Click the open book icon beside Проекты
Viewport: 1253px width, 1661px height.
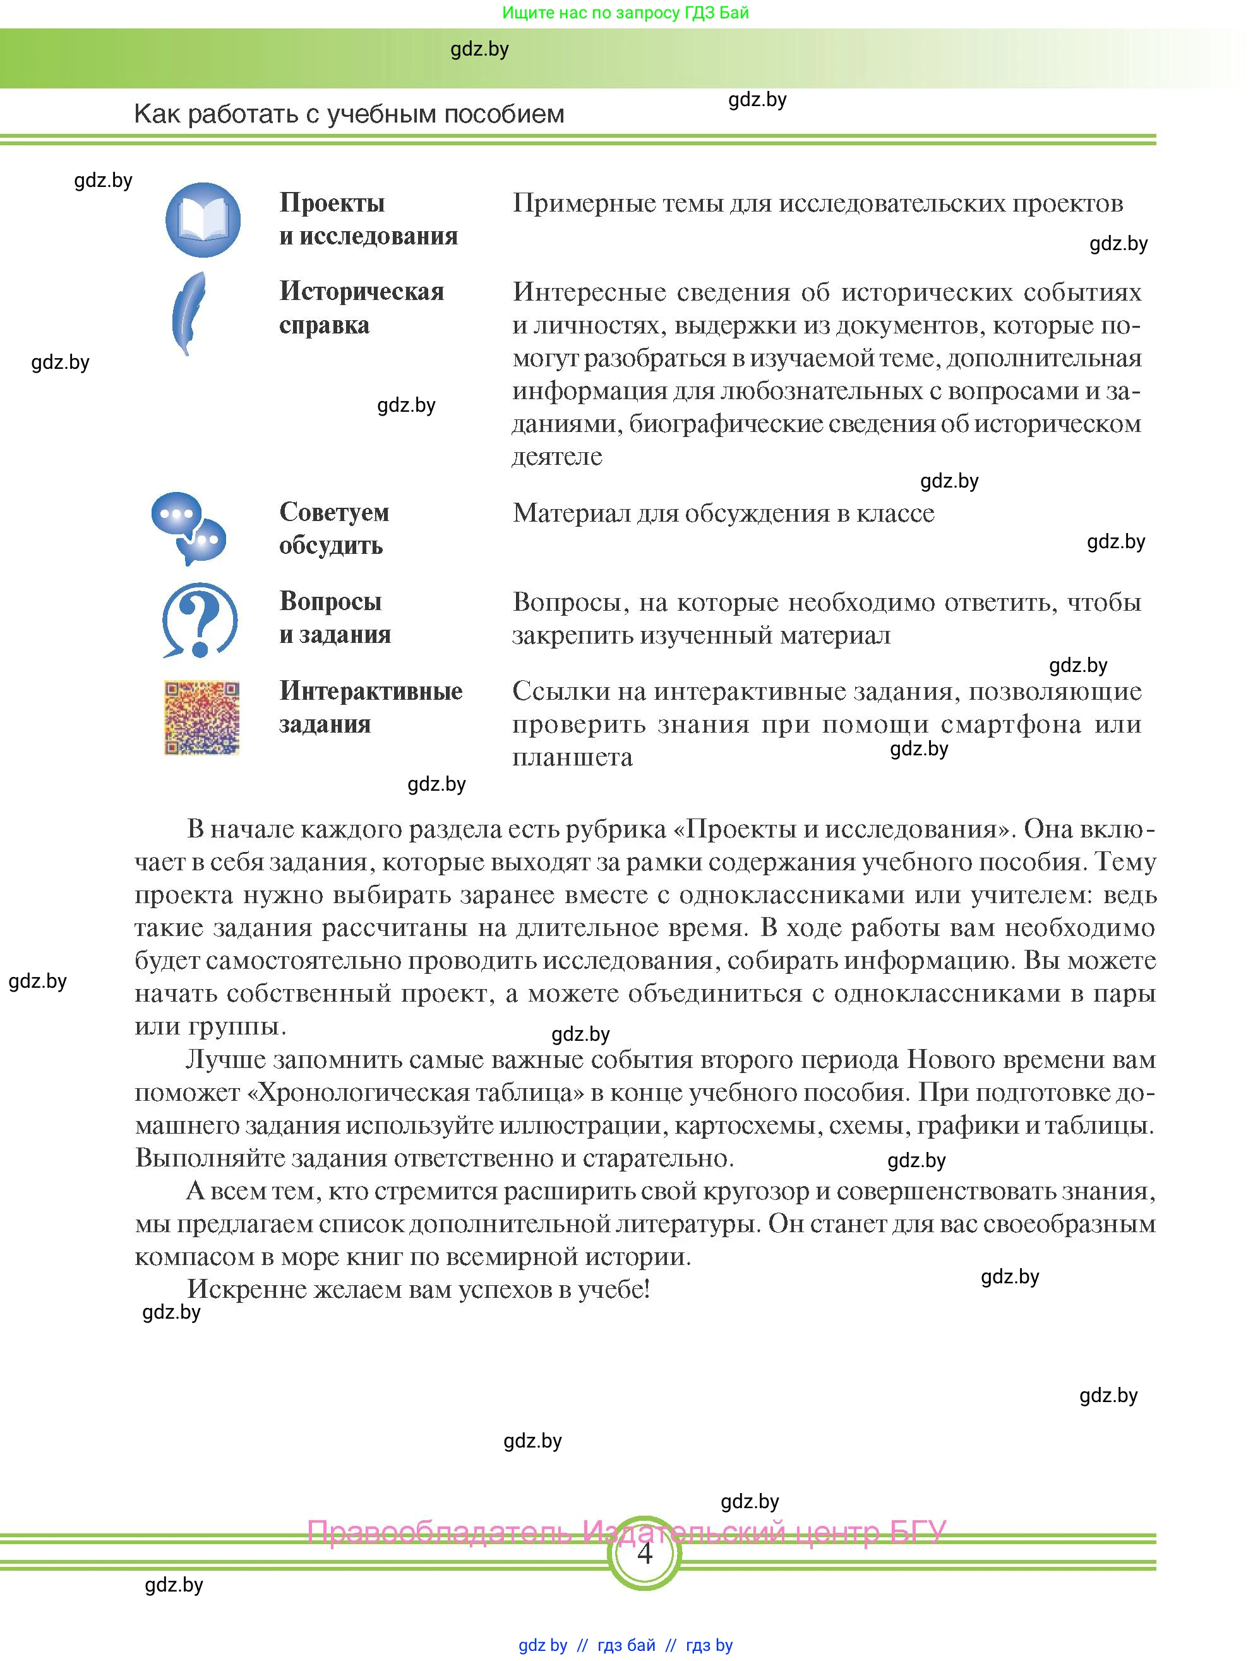[x=203, y=220]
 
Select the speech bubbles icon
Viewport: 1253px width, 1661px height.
[x=188, y=529]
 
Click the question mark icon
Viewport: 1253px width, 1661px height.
[x=200, y=620]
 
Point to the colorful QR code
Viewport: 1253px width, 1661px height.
[x=202, y=718]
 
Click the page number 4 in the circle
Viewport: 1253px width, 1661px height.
[x=644, y=1552]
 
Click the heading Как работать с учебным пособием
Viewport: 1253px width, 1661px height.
[x=349, y=114]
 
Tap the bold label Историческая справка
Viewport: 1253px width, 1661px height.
[x=361, y=308]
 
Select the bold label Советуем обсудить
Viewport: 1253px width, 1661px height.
[x=334, y=529]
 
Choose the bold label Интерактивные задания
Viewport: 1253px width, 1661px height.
[x=370, y=707]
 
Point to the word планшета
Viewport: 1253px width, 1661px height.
[x=572, y=757]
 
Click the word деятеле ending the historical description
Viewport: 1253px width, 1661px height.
[x=557, y=457]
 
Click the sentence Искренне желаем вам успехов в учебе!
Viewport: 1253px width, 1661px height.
[x=418, y=1288]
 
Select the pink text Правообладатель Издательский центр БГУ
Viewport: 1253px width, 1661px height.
[x=626, y=1532]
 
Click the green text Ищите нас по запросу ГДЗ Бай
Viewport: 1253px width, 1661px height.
[x=625, y=13]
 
